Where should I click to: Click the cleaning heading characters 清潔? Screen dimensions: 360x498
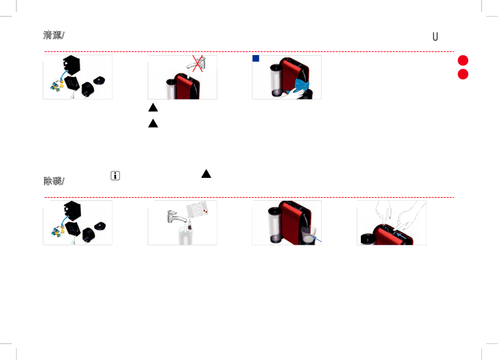point(52,36)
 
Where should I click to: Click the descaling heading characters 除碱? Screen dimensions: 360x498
point(52,181)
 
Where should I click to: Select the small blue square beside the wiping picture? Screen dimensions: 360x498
point(256,59)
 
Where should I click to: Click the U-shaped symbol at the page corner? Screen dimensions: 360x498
point(435,36)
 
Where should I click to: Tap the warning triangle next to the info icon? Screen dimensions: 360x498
point(206,174)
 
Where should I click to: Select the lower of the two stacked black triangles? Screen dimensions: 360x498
point(153,123)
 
